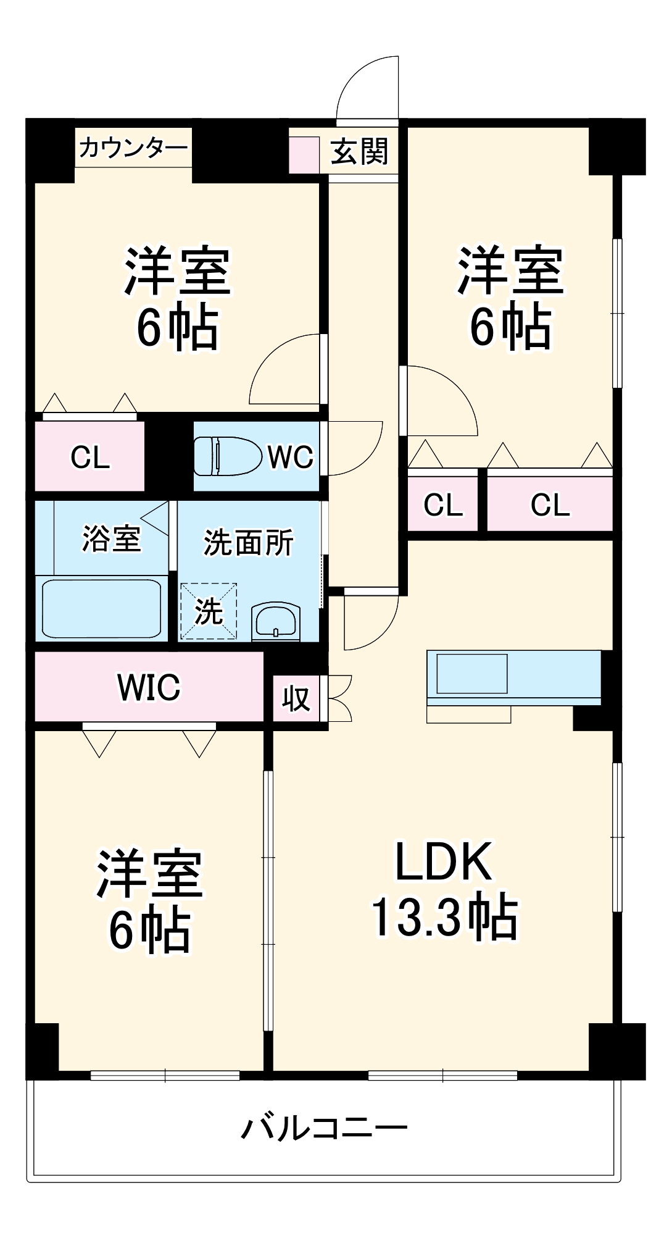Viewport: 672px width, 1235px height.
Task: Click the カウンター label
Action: (x=133, y=148)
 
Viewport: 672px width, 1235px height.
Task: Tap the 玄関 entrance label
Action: (x=359, y=152)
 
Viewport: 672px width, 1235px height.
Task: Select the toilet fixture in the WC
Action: (x=227, y=456)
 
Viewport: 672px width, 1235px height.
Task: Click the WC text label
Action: (x=290, y=457)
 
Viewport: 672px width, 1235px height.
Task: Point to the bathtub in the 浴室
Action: (x=102, y=609)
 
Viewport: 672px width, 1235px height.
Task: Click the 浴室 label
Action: (x=112, y=538)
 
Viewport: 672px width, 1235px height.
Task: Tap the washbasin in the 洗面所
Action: (x=276, y=621)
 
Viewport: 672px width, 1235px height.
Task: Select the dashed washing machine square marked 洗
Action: (x=209, y=611)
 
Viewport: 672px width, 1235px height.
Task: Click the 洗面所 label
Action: (x=249, y=543)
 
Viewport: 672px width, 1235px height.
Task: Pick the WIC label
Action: (x=149, y=687)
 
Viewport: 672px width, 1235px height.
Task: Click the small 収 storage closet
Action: (x=296, y=699)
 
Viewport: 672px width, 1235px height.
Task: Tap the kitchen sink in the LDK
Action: (x=472, y=674)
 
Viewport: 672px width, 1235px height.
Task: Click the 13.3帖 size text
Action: (x=444, y=918)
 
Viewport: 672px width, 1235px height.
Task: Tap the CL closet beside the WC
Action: (x=90, y=457)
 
